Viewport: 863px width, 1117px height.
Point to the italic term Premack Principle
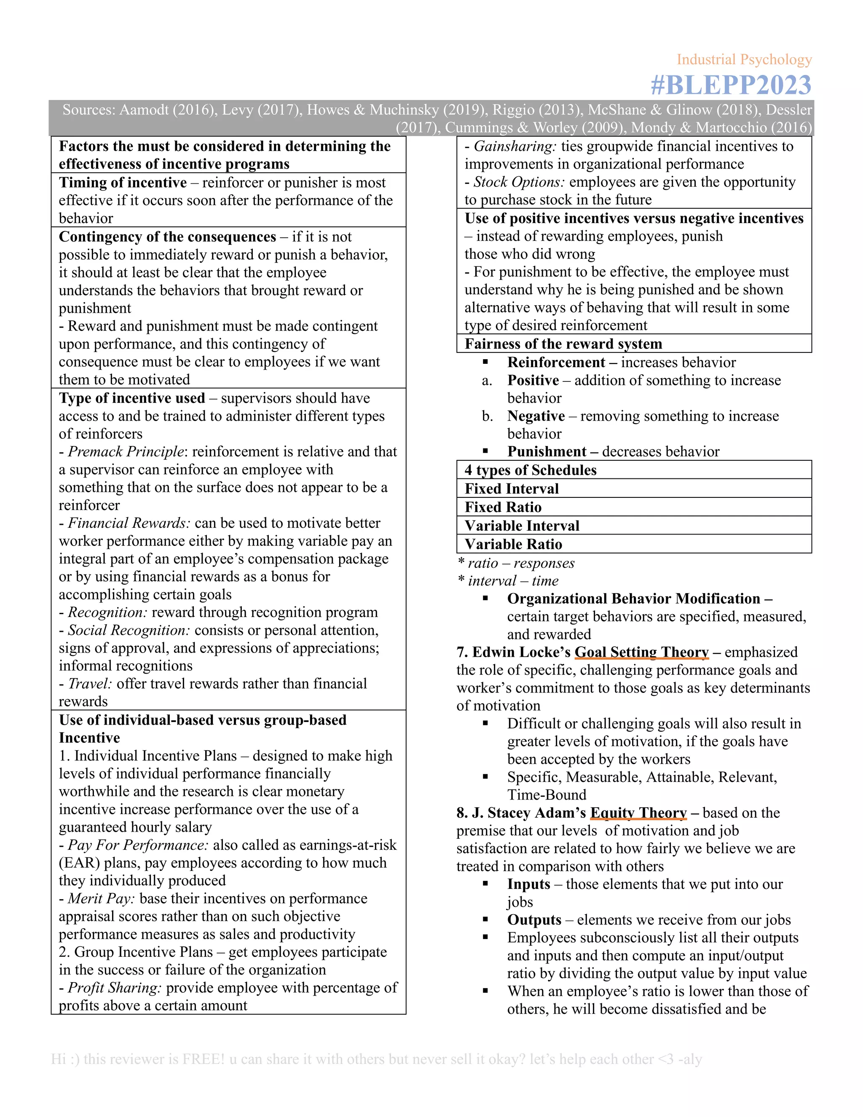click(x=126, y=451)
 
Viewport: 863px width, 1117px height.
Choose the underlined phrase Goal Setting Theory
click(x=642, y=652)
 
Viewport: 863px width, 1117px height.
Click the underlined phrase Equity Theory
click(x=638, y=813)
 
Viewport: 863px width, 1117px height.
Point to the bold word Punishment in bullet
click(x=547, y=451)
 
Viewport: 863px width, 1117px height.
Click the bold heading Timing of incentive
click(x=123, y=183)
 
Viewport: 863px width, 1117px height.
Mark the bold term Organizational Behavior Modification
click(x=633, y=599)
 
